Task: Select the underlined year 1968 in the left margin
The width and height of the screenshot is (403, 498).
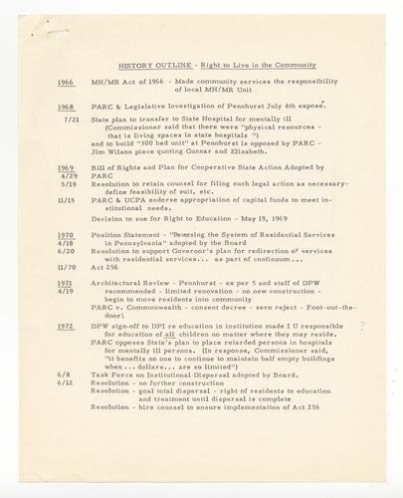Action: click(x=66, y=105)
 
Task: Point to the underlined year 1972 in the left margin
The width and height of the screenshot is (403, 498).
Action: click(x=66, y=325)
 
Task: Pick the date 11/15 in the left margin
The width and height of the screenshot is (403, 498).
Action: click(x=70, y=201)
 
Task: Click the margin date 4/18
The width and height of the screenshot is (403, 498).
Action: click(x=70, y=243)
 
